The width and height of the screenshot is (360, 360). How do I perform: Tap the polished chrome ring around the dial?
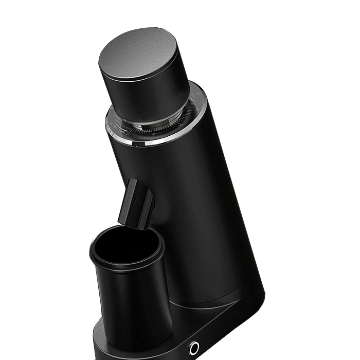pyautogui.click(x=154, y=142)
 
